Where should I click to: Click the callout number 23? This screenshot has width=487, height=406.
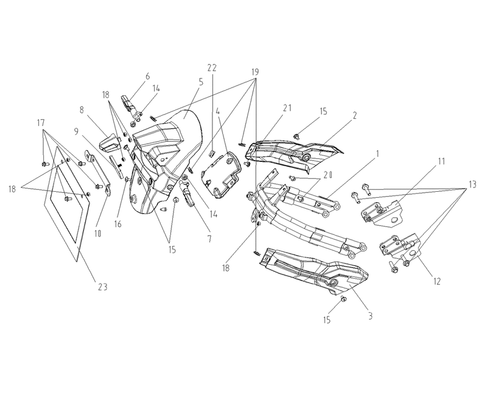click(x=102, y=287)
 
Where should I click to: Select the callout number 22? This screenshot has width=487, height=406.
click(x=212, y=68)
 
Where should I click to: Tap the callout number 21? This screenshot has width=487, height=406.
click(x=287, y=108)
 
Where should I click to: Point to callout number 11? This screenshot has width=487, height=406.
click(x=441, y=161)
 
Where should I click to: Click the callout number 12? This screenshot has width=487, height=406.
click(x=436, y=281)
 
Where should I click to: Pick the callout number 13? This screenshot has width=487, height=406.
click(x=472, y=184)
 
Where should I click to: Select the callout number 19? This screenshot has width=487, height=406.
click(x=254, y=72)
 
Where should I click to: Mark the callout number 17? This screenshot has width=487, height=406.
click(x=41, y=123)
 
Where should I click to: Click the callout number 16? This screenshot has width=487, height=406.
click(x=117, y=224)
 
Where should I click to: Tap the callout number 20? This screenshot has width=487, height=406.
click(x=327, y=175)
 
